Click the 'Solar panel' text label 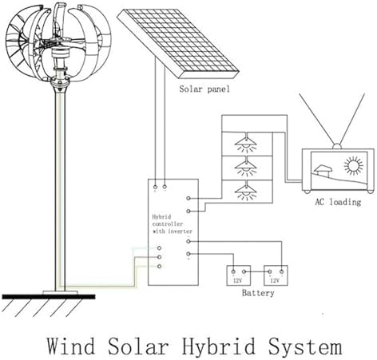tap(204, 89)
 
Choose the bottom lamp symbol tap(245, 191)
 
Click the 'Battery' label tap(257, 294)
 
